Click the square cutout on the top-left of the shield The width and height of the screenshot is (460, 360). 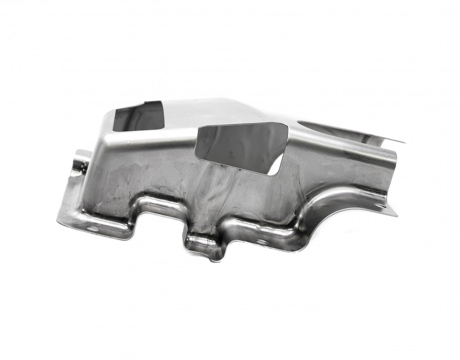tap(137, 116)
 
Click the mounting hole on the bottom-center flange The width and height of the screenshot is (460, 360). tap(259, 242)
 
